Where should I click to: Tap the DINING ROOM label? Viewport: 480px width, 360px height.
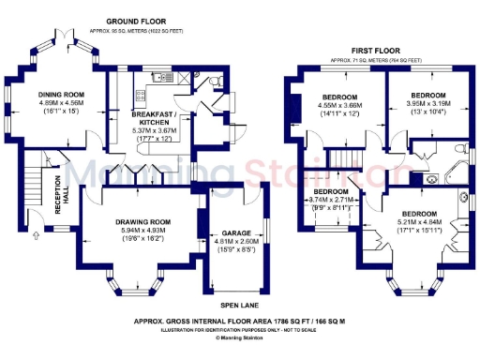[x=62, y=95]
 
